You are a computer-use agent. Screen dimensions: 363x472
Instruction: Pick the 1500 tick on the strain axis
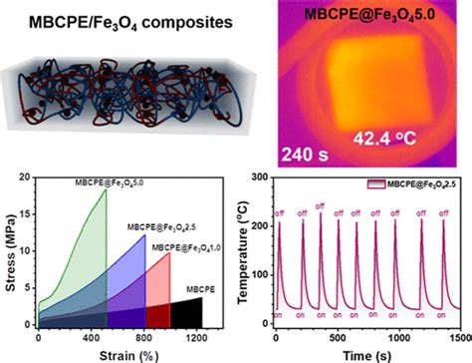[x=231, y=338]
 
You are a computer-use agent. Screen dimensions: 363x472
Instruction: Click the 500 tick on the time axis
[x=342, y=338]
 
